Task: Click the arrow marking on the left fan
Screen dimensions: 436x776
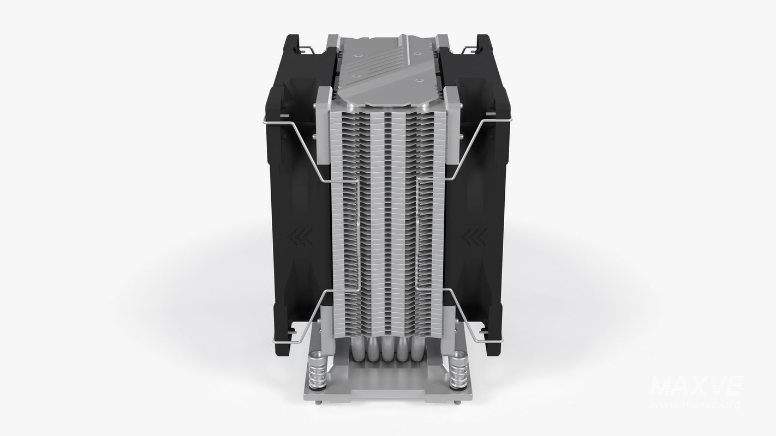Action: (303, 237)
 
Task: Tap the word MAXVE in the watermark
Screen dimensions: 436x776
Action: (695, 387)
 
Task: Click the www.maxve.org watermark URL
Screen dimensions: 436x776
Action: (695, 404)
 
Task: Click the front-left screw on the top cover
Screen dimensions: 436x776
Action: (355, 74)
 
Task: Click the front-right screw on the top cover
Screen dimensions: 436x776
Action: (419, 81)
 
